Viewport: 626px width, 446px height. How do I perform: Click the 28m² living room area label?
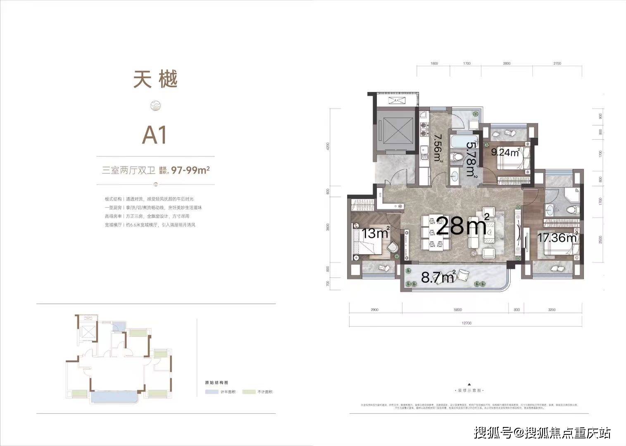click(x=463, y=226)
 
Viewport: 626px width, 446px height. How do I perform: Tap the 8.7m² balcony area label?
click(x=438, y=277)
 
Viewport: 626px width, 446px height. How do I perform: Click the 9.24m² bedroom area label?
click(x=505, y=152)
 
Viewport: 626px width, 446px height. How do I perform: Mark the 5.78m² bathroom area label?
click(x=471, y=160)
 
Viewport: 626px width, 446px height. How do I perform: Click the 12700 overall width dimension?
click(x=467, y=323)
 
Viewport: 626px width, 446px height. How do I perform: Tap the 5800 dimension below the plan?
click(x=457, y=310)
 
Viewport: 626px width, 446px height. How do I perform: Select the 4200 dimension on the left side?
click(x=328, y=146)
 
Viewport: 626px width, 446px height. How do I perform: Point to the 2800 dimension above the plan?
click(x=507, y=64)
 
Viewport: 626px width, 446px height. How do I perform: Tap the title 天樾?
click(x=155, y=79)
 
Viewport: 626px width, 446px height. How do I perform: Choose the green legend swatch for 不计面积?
click(x=249, y=392)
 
